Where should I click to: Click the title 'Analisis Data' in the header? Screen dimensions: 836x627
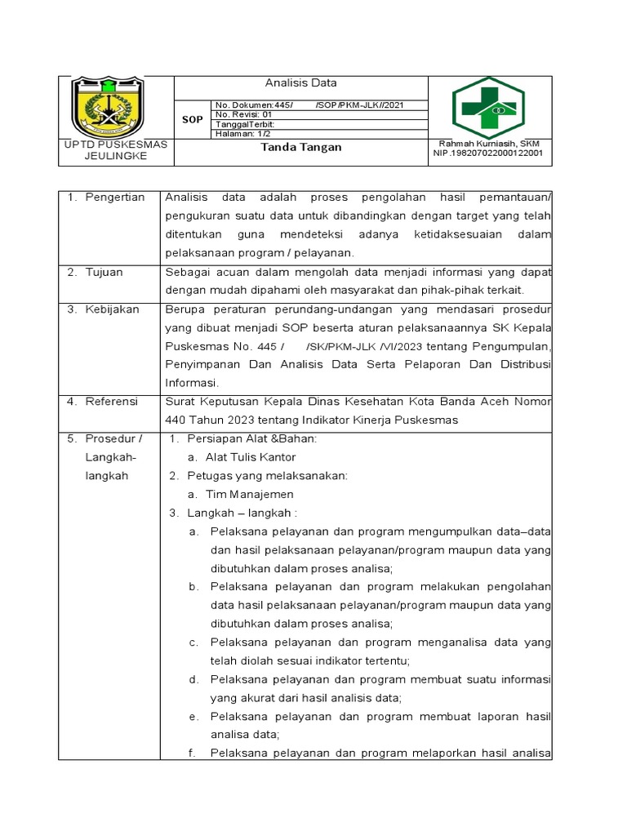pos(300,83)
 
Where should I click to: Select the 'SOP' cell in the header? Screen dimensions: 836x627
pos(193,120)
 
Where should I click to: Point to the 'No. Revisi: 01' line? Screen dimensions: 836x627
pos(243,115)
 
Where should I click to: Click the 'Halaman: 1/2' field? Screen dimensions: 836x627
pos(243,134)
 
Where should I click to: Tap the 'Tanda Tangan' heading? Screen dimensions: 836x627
pos(300,148)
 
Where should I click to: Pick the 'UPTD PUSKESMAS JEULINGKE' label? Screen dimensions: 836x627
pos(116,150)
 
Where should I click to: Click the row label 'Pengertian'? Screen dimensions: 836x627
pos(115,198)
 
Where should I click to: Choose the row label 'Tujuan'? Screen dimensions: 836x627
pos(104,273)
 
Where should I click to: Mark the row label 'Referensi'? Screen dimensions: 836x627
pos(112,402)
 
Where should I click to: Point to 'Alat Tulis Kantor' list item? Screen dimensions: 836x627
pos(250,457)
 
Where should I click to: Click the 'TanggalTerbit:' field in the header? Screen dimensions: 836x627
pos(245,125)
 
